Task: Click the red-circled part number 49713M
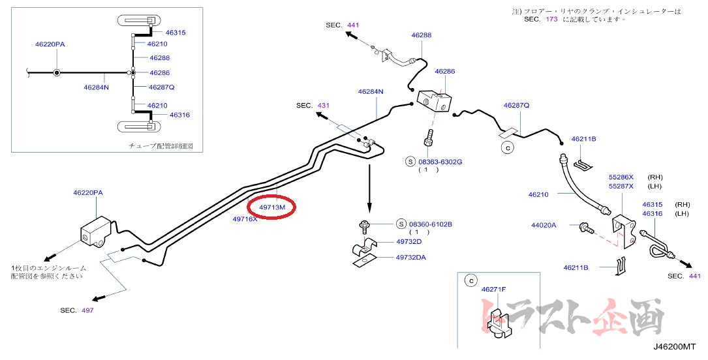[x=273, y=207]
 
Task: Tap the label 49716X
[x=245, y=219]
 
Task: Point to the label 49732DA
[x=410, y=257]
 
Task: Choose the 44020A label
[x=544, y=225]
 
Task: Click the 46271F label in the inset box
[x=495, y=288]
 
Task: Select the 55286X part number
[x=622, y=177]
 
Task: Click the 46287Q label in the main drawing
[x=516, y=105]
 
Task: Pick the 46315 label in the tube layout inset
[x=176, y=32]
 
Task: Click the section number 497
[x=87, y=310]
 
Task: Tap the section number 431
[x=324, y=105]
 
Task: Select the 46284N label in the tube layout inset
[x=97, y=87]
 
